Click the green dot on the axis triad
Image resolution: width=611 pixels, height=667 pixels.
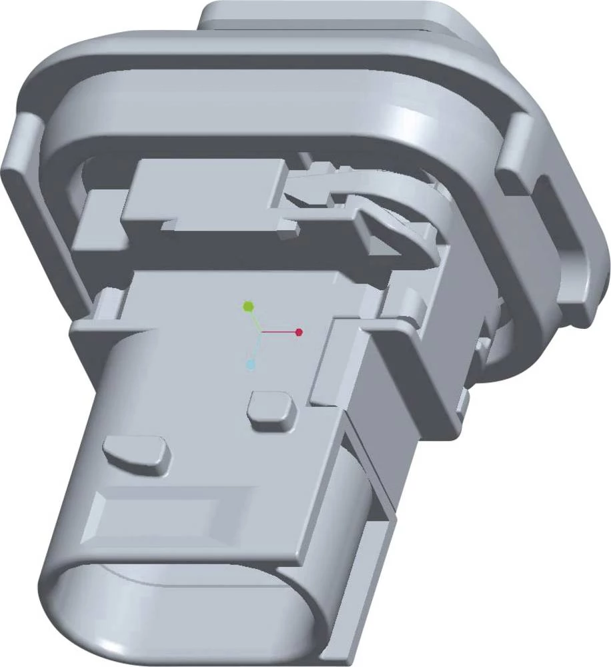[248, 306]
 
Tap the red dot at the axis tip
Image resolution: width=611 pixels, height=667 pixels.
[299, 331]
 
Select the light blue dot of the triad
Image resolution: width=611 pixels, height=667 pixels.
[251, 365]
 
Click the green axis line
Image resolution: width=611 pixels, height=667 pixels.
[254, 319]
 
